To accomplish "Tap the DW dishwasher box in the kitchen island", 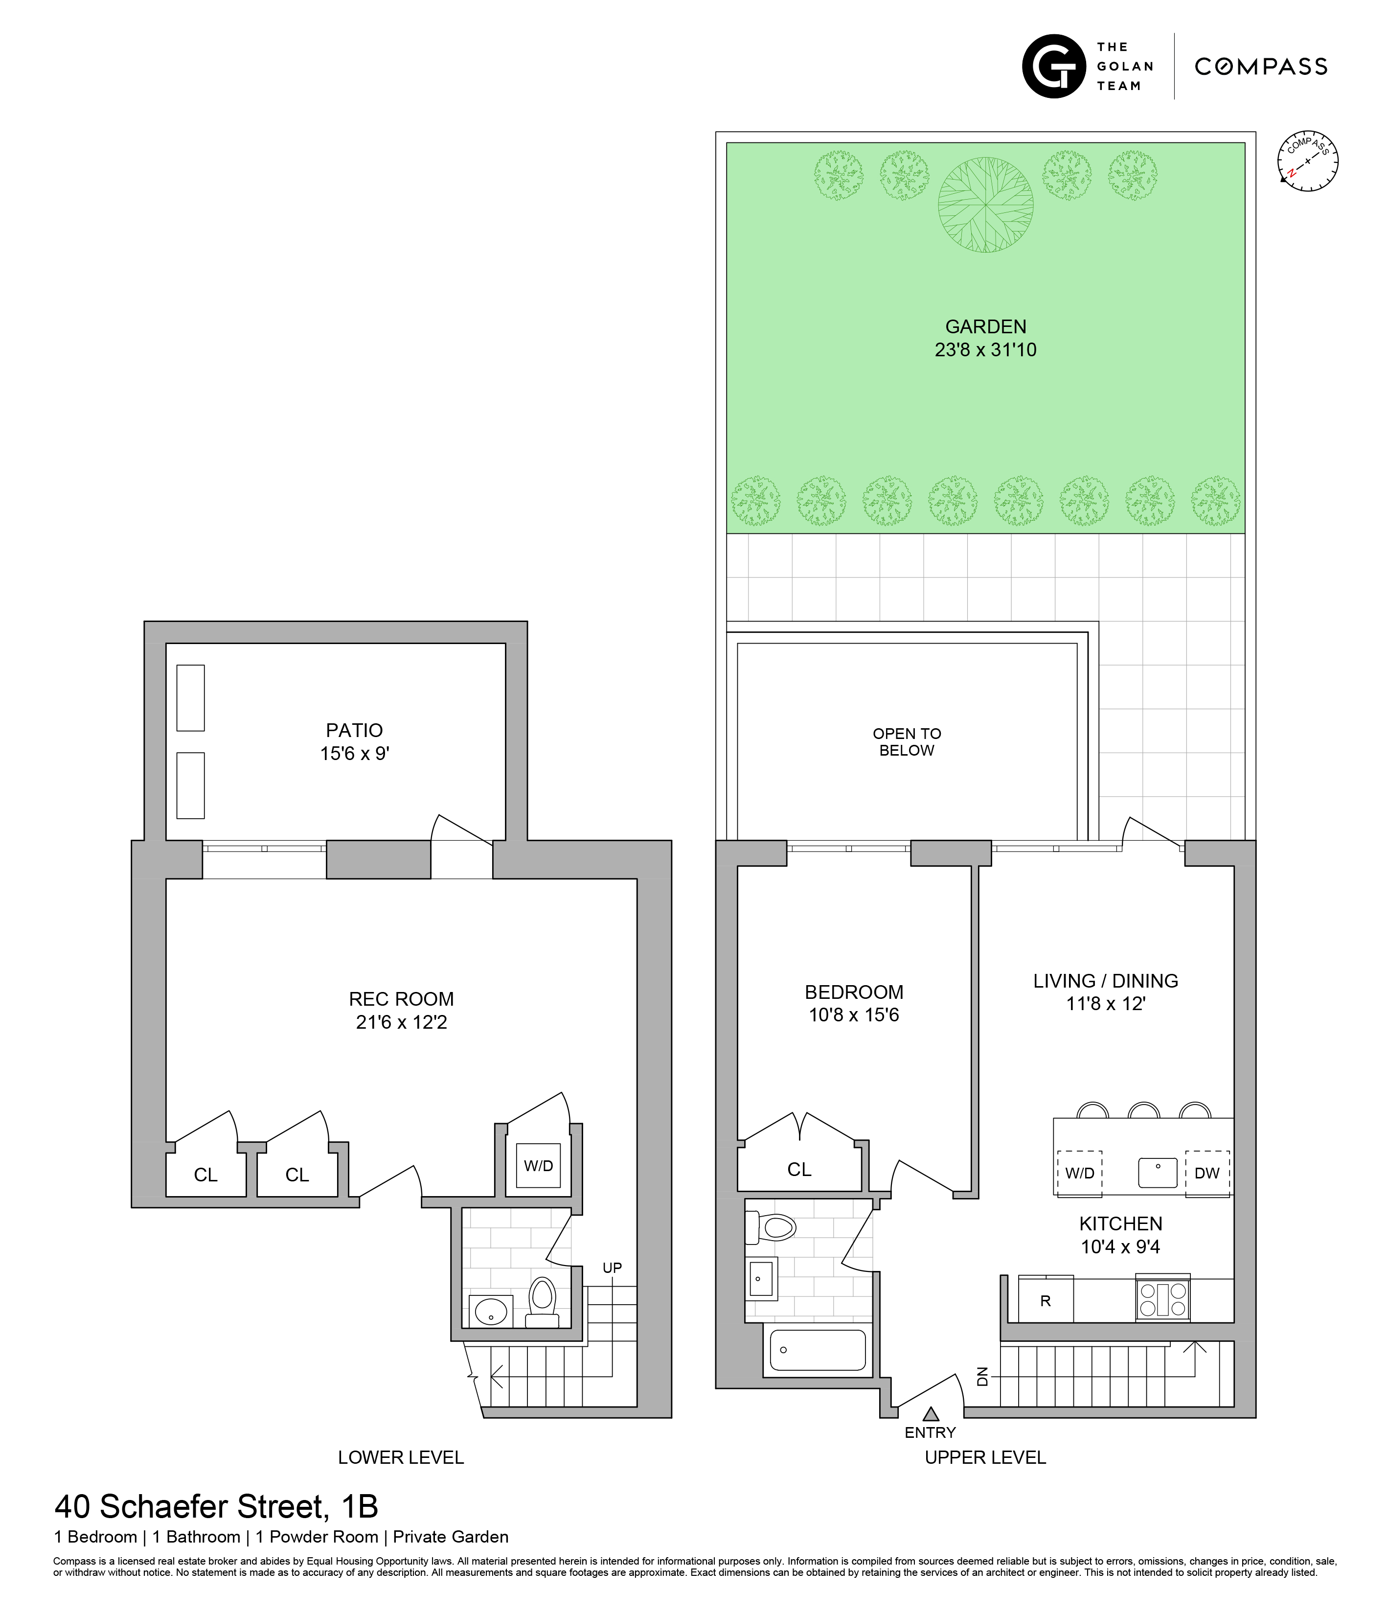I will [1206, 1173].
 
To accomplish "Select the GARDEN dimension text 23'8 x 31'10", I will [985, 350].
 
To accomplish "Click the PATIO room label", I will [355, 730].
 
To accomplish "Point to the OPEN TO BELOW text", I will [907, 742].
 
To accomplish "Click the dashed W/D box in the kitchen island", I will [1079, 1173].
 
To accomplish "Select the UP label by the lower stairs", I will [612, 1268].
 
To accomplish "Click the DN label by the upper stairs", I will [983, 1377].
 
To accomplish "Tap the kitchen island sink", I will [1157, 1172].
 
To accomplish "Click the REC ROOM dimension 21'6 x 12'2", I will [401, 1022].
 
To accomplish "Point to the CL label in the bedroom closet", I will [799, 1169].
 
